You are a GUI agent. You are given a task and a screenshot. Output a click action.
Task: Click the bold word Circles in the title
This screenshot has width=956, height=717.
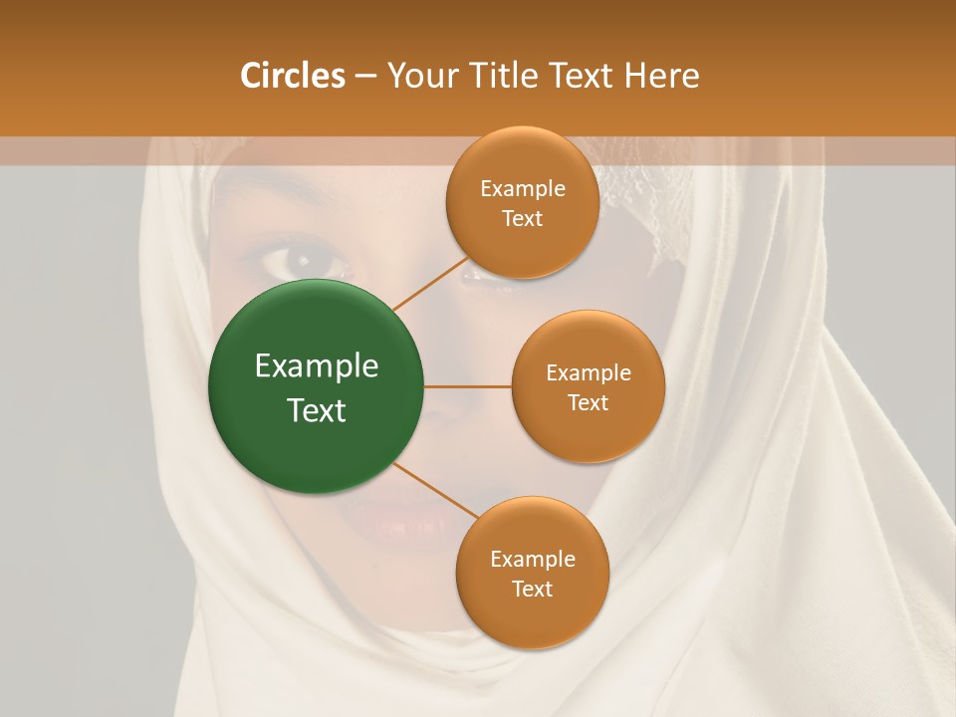click(x=293, y=76)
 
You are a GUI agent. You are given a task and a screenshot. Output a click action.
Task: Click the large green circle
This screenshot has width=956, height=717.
click(x=315, y=386)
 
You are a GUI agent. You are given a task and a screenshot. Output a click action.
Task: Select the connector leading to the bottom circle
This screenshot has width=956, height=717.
click(x=435, y=491)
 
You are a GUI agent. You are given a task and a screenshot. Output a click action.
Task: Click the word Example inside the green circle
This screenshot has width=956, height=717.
click(x=317, y=366)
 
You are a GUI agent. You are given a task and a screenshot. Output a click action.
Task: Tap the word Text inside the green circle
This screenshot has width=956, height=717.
click(x=317, y=409)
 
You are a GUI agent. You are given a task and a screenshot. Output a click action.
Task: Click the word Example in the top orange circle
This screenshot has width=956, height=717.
click(x=522, y=189)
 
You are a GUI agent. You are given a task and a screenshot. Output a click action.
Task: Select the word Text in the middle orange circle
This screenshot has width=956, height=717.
click(x=588, y=402)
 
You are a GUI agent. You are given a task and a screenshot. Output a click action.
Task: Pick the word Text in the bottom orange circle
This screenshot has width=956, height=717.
click(x=532, y=589)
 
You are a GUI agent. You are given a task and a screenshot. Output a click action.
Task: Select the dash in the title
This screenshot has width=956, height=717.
click(x=365, y=76)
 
